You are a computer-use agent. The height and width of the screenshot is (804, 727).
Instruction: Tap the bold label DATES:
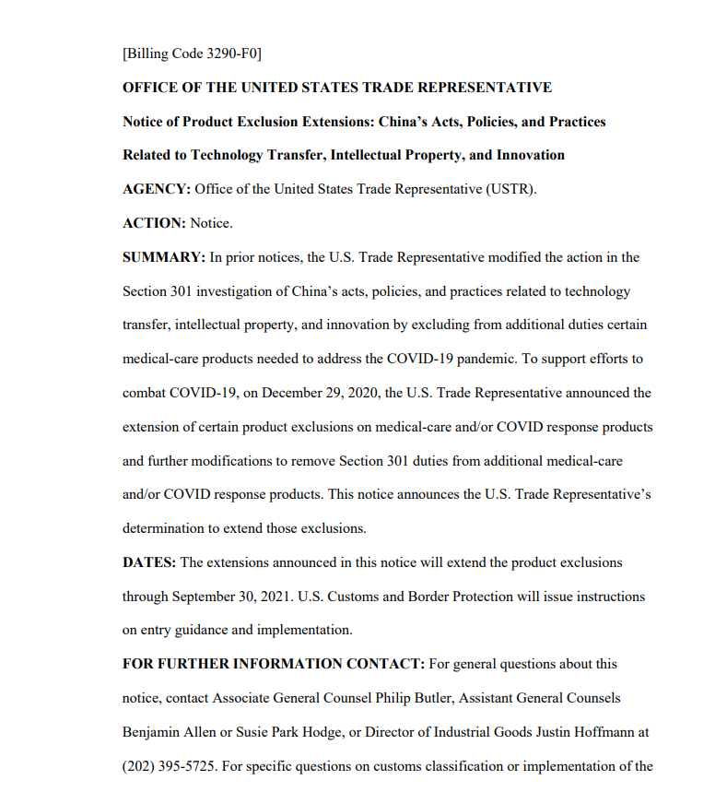pos(150,562)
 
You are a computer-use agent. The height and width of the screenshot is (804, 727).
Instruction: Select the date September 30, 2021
pos(230,597)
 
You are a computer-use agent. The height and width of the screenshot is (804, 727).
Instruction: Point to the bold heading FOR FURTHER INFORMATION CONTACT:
pos(273,664)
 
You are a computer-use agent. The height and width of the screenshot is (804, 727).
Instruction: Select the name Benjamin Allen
pos(166,732)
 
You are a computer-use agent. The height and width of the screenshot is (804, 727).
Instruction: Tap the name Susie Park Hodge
pos(295,732)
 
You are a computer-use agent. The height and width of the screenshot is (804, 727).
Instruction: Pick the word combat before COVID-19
pos(144,393)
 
